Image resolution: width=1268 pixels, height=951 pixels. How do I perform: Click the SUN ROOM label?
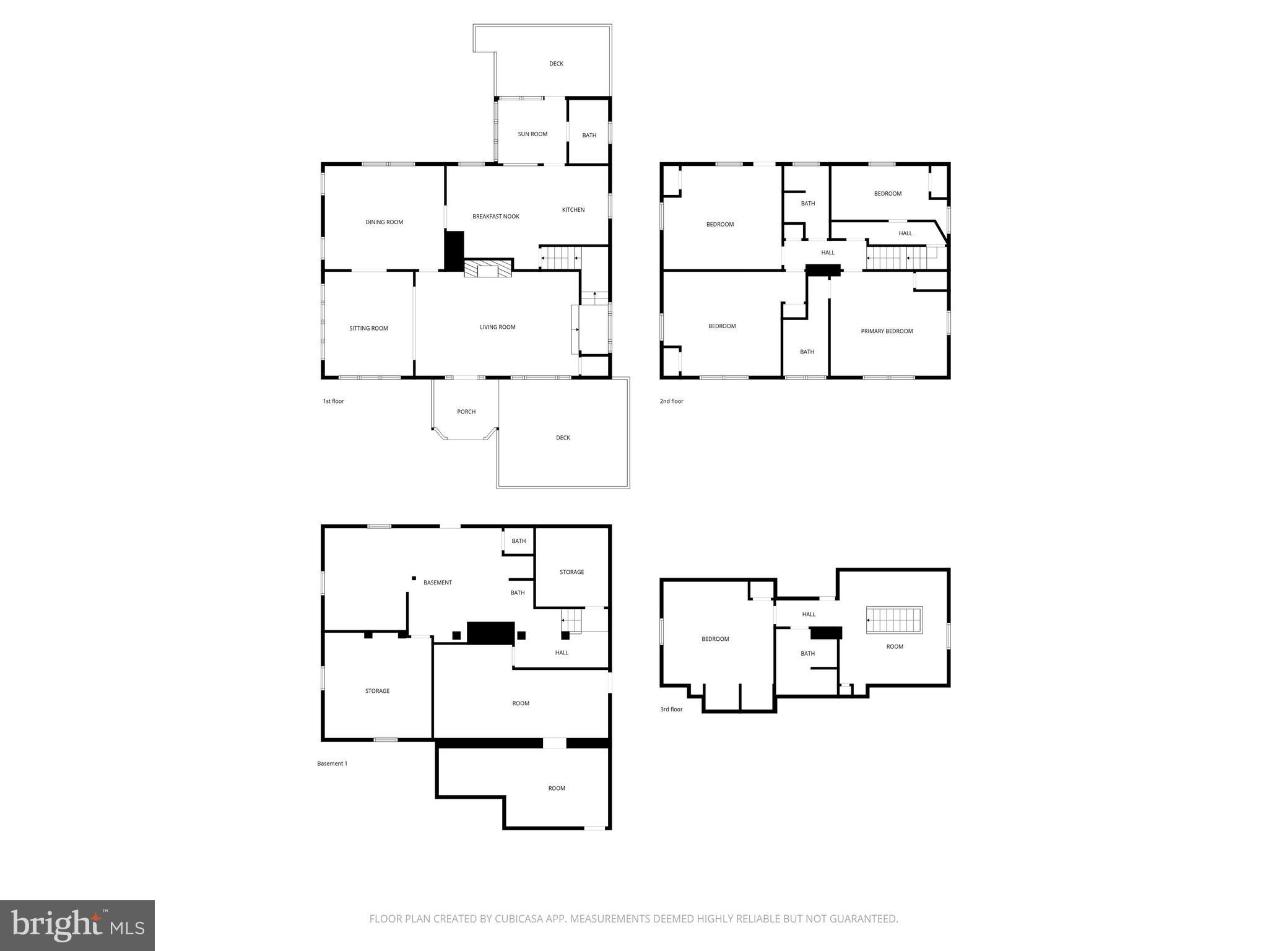coord(532,134)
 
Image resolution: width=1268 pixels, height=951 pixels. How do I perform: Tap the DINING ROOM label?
coord(384,222)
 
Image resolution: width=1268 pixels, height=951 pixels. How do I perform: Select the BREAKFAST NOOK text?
coord(495,216)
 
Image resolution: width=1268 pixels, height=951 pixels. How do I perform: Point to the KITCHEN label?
coord(573,210)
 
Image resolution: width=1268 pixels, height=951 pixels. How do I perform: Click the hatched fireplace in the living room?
coord(489,268)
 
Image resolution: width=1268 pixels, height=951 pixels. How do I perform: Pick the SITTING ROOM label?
coord(368,328)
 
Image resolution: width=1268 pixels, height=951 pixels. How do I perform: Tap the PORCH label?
coord(466,412)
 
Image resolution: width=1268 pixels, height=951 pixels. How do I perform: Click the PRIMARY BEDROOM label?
coord(887,331)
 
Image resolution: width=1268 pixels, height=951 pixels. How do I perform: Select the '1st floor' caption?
coord(333,401)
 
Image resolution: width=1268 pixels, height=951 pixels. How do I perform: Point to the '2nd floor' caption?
coord(671,401)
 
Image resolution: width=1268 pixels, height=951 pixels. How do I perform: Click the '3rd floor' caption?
coord(671,709)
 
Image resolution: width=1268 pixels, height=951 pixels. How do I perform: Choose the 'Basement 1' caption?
coord(332,763)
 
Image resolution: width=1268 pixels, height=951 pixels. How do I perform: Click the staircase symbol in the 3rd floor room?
coord(894,620)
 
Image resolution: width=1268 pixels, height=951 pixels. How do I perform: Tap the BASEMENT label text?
coord(437,583)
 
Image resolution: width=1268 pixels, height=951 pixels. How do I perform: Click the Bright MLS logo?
coord(77,925)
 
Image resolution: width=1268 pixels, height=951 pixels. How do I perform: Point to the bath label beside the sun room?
coord(589,135)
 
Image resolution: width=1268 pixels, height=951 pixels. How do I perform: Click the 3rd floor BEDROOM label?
coord(715,639)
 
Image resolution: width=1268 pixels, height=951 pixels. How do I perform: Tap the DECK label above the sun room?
coord(556,64)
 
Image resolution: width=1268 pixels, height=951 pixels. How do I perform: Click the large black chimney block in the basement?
coord(491,633)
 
